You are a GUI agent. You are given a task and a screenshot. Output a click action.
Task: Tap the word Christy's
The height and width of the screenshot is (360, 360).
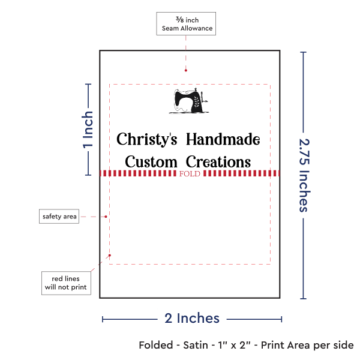146,140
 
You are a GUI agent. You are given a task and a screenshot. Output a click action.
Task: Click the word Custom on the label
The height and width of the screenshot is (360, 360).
151,162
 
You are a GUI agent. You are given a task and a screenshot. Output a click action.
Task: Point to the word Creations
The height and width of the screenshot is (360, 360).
218,162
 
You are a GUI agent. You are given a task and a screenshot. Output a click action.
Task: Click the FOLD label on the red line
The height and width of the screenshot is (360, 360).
190,174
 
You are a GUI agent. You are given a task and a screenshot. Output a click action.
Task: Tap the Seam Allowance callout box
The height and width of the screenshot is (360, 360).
185,23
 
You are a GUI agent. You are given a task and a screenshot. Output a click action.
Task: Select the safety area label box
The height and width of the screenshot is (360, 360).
59,216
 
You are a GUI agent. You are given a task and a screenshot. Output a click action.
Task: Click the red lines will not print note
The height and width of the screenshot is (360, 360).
65,283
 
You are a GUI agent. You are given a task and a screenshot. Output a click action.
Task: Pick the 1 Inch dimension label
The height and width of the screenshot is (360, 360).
88,129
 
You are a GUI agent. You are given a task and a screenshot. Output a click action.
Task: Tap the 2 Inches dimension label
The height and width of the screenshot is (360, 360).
191,318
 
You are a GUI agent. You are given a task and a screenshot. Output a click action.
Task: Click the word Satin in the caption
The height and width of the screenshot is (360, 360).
202,345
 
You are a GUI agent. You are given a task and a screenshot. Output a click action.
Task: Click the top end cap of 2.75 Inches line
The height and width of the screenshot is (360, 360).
304,53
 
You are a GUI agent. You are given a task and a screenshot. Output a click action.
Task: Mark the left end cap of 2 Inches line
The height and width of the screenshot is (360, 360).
103,319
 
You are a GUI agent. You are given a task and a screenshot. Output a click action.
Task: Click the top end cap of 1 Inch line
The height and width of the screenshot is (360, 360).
89,84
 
